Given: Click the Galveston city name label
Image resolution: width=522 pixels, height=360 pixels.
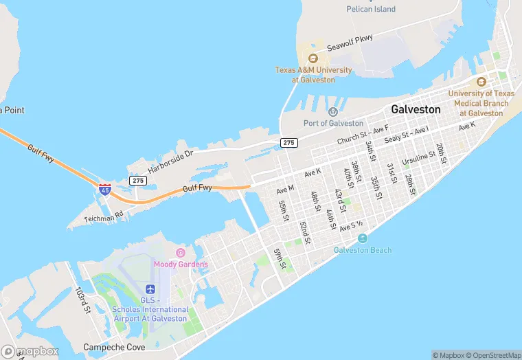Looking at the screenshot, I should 416,109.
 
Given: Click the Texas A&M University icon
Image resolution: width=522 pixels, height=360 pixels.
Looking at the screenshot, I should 313,58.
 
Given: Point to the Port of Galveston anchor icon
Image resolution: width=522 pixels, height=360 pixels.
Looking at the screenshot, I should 333,112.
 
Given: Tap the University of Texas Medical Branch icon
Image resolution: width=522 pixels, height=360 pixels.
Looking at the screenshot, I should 481,82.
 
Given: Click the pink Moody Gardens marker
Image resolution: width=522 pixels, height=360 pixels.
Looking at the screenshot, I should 181,254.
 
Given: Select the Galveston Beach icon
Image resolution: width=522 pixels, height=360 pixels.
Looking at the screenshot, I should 362,238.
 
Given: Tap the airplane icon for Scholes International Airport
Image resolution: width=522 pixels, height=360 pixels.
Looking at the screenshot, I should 150,289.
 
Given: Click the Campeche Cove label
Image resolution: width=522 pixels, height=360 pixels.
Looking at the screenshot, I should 114,348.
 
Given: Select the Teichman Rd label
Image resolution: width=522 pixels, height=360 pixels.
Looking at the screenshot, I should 104,215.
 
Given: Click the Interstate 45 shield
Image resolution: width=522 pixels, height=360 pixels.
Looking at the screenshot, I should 104,189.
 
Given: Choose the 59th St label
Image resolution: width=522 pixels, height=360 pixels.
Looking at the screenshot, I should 280,258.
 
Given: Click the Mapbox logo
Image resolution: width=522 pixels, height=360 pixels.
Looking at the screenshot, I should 31,351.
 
